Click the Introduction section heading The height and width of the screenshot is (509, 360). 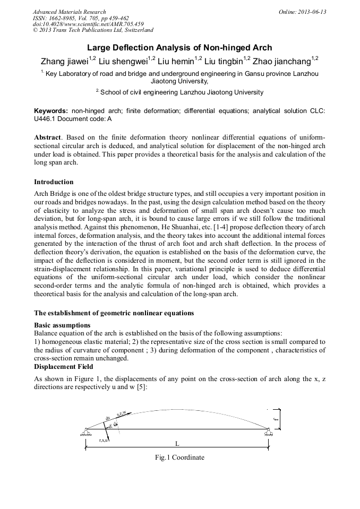(x=54, y=182)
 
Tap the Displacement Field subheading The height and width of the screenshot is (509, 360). (x=64, y=366)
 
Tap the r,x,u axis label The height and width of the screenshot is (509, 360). (x=104, y=441)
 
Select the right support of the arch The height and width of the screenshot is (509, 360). (x=269, y=432)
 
